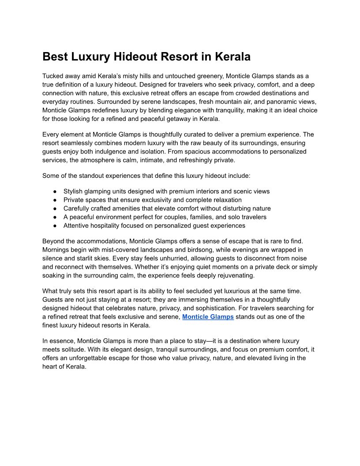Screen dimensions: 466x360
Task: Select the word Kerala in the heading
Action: point(232,57)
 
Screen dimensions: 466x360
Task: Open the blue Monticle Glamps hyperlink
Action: point(208,317)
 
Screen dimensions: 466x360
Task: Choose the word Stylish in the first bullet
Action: point(73,192)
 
